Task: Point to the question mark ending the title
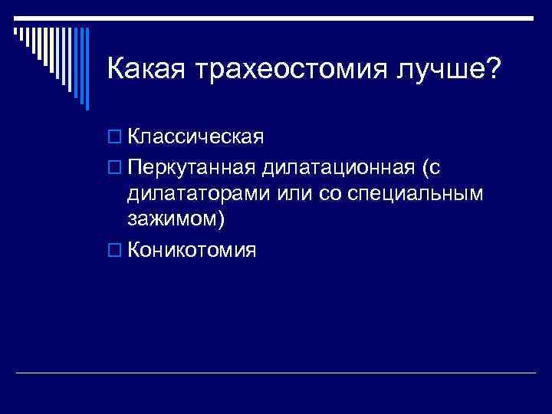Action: pyautogui.click(x=492, y=70)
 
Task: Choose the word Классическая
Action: pyautogui.click(x=195, y=138)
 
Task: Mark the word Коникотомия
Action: pyautogui.click(x=192, y=250)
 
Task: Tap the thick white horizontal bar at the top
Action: pyautogui.click(x=276, y=18)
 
